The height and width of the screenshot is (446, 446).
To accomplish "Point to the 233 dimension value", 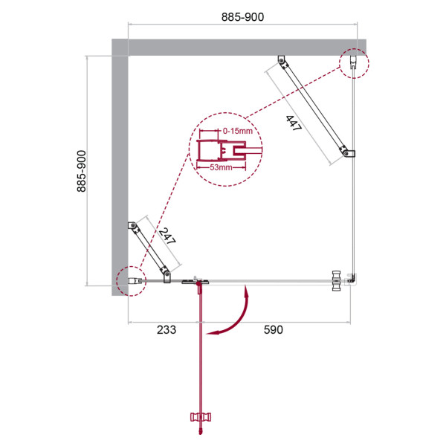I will click(x=166, y=329).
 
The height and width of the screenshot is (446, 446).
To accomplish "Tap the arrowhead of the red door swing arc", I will click(x=213, y=334).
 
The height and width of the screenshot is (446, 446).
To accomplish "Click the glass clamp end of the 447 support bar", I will click(x=347, y=153).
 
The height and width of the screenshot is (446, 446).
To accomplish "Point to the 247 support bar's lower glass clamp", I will click(x=167, y=277).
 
